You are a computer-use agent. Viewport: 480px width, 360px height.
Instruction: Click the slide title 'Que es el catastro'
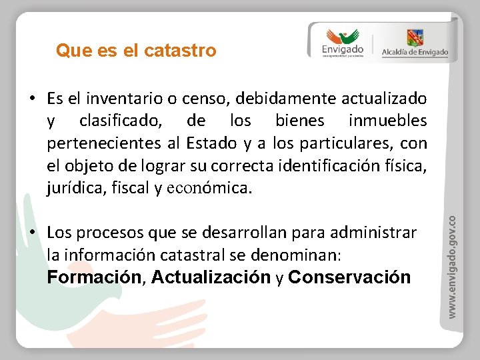(x=136, y=51)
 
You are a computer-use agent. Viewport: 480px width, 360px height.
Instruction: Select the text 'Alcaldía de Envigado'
(x=415, y=53)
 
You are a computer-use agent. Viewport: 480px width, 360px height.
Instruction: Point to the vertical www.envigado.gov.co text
(x=452, y=265)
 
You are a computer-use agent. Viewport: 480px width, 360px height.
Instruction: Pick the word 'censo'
(x=199, y=99)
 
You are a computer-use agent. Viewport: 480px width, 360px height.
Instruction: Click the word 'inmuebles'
(x=387, y=121)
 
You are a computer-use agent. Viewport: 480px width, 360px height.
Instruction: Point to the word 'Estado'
(x=211, y=143)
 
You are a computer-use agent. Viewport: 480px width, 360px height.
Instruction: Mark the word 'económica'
(x=209, y=189)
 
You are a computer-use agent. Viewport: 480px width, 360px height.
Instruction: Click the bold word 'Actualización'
(x=211, y=277)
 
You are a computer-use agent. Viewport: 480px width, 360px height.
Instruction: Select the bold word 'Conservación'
(x=349, y=277)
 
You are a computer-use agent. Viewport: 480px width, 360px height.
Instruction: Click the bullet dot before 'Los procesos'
(x=33, y=233)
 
